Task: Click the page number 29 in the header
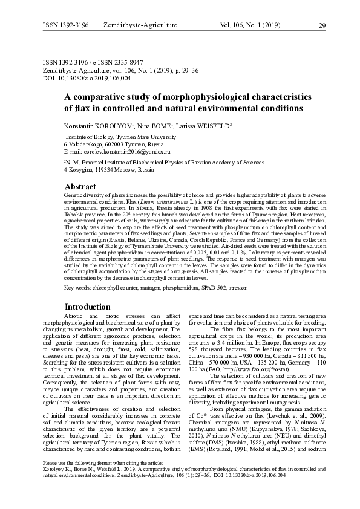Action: pos(322,25)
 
